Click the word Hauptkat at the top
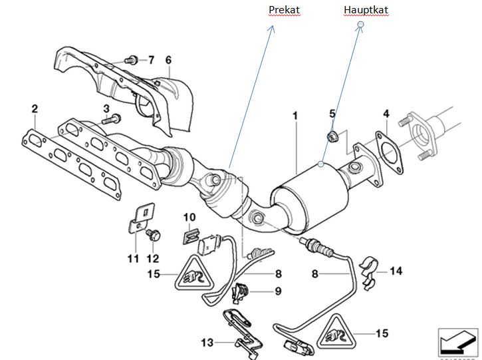tap(366, 9)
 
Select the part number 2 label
tap(34, 108)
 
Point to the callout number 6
tap(168, 61)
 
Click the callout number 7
tap(151, 61)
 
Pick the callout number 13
tap(207, 343)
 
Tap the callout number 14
tap(396, 271)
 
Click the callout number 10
tap(189, 217)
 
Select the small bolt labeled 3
tap(112, 120)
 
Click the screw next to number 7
tap(131, 59)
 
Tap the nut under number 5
tap(334, 137)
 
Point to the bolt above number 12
tap(155, 234)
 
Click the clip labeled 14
tap(368, 270)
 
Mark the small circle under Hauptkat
tap(361, 25)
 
